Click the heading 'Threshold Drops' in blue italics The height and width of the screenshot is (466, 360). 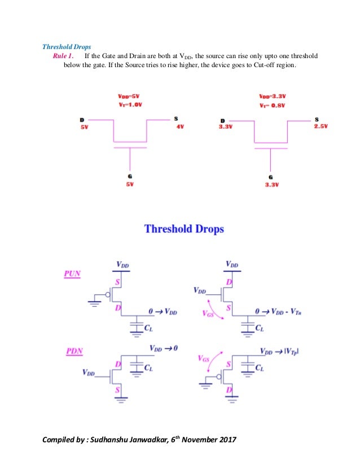coord(67,46)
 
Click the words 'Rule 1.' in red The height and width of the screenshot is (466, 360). coord(63,56)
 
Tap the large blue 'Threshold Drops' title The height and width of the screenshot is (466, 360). coord(184,229)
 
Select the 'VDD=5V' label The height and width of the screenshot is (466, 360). coord(130,96)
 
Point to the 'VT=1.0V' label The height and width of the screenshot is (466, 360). coord(130,105)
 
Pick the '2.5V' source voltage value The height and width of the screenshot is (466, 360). coord(321,126)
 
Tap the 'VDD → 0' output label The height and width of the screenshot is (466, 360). coord(164,348)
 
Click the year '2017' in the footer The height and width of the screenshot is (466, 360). coord(225,441)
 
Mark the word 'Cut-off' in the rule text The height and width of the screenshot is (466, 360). coord(252,67)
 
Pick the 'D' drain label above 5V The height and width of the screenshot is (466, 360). coord(83,120)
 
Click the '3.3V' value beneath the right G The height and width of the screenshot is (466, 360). coord(271,184)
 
